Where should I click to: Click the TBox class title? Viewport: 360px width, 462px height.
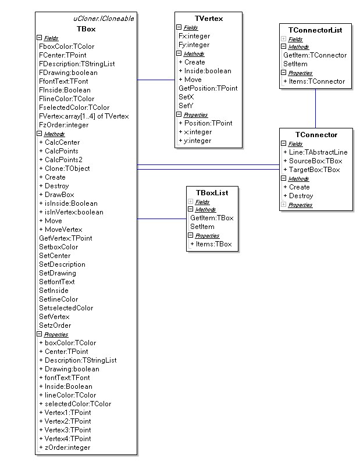click(86, 29)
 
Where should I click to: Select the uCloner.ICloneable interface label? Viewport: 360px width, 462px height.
click(104, 19)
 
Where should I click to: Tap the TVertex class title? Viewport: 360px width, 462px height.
click(209, 19)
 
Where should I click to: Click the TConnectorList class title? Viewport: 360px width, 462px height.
click(315, 30)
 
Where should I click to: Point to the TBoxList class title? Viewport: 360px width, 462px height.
click(212, 193)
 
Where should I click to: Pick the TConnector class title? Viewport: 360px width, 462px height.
click(316, 135)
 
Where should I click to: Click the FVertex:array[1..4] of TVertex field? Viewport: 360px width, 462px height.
click(84, 116)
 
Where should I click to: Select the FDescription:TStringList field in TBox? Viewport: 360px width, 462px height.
click(77, 64)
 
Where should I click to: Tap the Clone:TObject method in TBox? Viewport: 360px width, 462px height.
click(67, 169)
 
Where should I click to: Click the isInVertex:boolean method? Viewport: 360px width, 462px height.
click(74, 212)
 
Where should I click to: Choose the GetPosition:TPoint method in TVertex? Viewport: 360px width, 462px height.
click(208, 88)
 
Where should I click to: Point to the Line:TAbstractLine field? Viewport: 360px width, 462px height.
click(318, 152)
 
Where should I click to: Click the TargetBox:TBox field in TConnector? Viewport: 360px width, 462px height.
click(314, 170)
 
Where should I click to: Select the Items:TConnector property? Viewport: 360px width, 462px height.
click(317, 81)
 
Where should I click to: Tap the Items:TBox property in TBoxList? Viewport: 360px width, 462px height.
click(214, 244)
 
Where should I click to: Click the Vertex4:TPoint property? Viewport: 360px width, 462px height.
click(68, 438)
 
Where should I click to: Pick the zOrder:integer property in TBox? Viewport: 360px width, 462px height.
click(67, 447)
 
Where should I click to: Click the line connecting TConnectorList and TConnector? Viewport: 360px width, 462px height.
click(315, 109)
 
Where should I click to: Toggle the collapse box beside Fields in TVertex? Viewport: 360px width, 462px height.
click(179, 27)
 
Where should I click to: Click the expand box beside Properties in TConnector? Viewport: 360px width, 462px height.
click(283, 205)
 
